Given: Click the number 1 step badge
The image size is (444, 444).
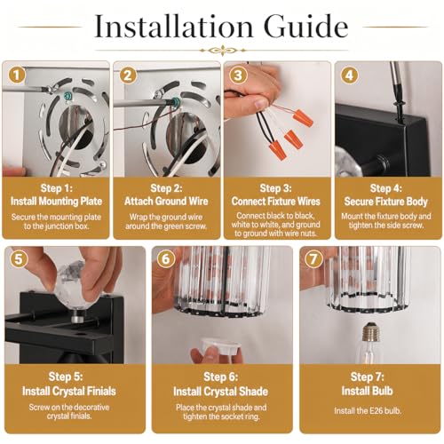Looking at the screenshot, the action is click(17, 75).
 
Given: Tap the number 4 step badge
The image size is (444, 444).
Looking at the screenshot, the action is click(349, 75).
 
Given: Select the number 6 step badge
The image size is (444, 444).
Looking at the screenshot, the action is click(165, 259).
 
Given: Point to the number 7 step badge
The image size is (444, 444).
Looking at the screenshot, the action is click(313, 259).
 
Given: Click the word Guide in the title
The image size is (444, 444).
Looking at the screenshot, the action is click(306, 27).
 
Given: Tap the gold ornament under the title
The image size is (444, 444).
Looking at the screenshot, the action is click(223, 51).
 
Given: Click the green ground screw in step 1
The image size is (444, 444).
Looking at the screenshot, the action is click(67, 96).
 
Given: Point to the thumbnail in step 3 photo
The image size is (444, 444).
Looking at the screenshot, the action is click(261, 104).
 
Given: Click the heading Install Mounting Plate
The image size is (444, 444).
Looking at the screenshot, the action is click(56, 202).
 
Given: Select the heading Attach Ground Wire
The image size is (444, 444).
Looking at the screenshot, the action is click(166, 202).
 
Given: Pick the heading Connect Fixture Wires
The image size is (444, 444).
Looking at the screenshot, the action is click(276, 202).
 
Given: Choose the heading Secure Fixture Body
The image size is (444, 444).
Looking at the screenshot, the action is click(386, 202).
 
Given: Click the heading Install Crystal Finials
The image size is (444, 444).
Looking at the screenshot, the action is click(69, 392).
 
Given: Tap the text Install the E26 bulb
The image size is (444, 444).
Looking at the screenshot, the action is click(368, 411).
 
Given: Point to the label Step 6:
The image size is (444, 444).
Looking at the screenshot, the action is click(221, 377).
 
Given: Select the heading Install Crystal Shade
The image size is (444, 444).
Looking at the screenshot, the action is click(221, 392).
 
